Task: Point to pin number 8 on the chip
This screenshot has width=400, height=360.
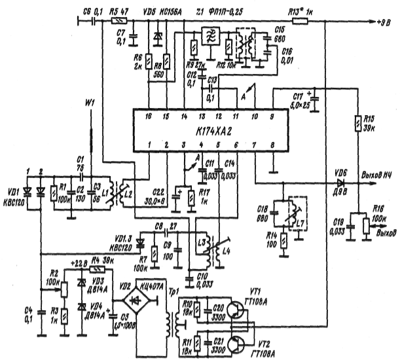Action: (x=273, y=144)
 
